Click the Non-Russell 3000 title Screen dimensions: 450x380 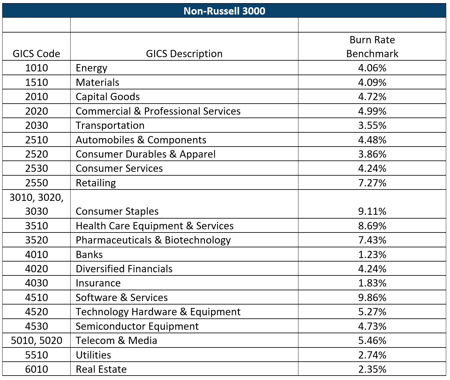pos(224,11)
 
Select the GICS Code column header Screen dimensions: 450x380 pos(36,54)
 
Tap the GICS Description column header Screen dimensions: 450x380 pos(184,54)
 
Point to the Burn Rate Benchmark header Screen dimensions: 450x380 pos(372,47)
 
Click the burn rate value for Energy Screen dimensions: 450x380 pos(372,68)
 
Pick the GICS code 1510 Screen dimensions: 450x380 pos(36,82)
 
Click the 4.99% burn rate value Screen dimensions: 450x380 pos(372,111)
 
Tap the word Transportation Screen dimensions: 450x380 pos(110,125)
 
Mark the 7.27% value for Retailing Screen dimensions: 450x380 pos(372,183)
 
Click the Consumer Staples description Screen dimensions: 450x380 pos(117,211)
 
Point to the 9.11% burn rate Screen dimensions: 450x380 pos(372,211)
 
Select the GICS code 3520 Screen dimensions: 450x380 pos(36,240)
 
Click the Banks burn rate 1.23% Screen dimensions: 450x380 pos(372,254)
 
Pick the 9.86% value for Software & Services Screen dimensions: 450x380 pos(372,298)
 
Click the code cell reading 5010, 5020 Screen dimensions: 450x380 pos(36,341)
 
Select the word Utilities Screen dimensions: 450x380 pos(93,355)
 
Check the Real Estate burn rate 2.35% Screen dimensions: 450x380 pos(372,369)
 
